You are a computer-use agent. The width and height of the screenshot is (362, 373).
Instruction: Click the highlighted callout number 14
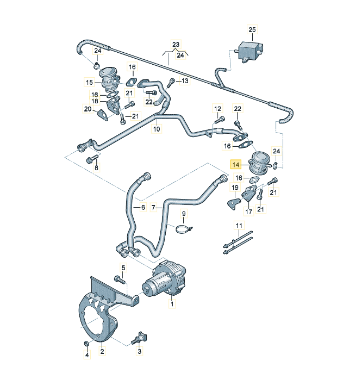point(236,164)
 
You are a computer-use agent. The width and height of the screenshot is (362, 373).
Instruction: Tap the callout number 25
point(252,29)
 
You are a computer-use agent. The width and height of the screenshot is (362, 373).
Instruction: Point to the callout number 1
point(172,306)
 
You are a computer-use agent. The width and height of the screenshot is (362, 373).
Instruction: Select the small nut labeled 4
point(86,344)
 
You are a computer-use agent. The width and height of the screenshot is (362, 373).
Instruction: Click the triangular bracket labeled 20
point(103,116)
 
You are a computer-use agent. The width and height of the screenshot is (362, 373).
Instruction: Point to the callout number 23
point(176,44)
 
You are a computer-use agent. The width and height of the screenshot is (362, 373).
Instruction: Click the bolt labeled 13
point(172,83)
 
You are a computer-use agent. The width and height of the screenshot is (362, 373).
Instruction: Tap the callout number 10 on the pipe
point(157,129)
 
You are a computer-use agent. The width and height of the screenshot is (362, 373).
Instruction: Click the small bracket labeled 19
point(232,202)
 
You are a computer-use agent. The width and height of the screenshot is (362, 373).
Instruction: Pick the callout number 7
point(154,208)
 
